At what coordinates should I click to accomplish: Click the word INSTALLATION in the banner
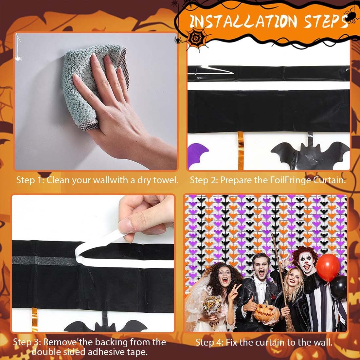pyautogui.click(x=243, y=21)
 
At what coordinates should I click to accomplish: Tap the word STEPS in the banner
pyautogui.click(x=326, y=21)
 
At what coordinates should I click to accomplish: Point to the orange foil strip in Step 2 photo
pyautogui.click(x=241, y=151)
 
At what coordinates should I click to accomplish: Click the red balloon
pyautogui.click(x=328, y=267)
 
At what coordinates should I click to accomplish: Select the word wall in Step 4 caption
pyautogui.click(x=326, y=343)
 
